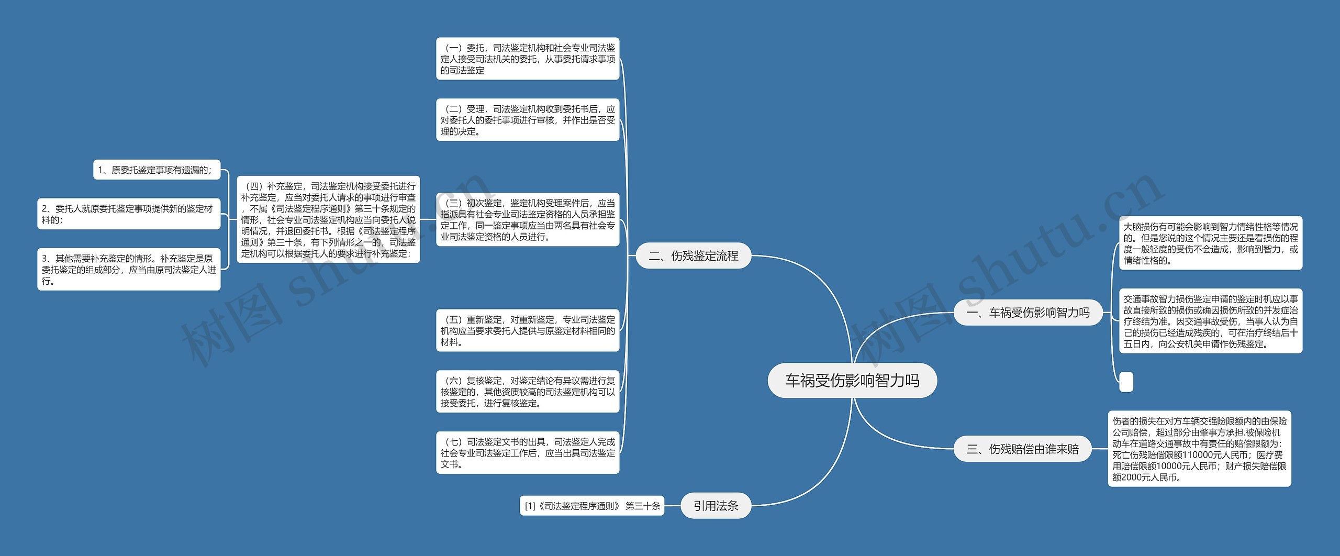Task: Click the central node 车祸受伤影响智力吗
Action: (x=852, y=380)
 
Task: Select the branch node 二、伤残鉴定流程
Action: (x=693, y=255)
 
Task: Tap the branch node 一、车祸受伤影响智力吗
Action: (x=1028, y=313)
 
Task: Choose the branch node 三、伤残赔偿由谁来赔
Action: (x=1023, y=449)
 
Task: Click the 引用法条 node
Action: (x=716, y=506)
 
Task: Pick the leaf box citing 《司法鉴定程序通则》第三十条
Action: (x=591, y=506)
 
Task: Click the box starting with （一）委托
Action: (x=528, y=59)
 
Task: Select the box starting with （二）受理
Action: (x=528, y=120)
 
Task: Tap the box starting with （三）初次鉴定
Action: (x=528, y=219)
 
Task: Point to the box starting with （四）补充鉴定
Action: (x=328, y=219)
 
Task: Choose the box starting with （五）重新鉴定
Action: (x=528, y=330)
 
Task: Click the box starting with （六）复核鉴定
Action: (x=528, y=392)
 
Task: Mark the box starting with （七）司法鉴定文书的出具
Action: (x=528, y=453)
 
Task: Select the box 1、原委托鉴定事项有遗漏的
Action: (x=157, y=170)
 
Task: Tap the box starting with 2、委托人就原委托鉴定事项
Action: (x=129, y=214)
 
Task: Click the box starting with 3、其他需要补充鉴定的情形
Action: (x=129, y=269)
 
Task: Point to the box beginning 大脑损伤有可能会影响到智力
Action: (x=1210, y=243)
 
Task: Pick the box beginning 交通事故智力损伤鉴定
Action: (x=1210, y=321)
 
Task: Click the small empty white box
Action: (x=1126, y=382)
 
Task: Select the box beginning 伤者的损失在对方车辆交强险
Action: (x=1199, y=449)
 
